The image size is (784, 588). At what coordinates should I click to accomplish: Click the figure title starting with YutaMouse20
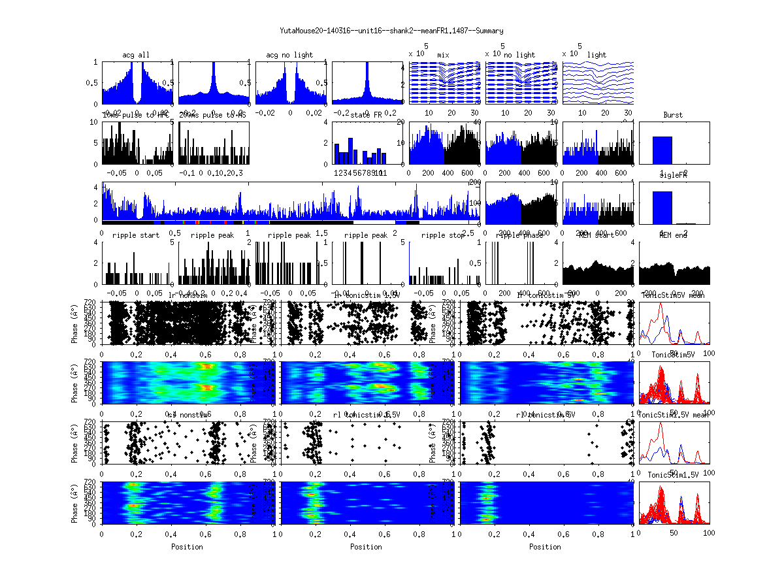pyautogui.click(x=391, y=31)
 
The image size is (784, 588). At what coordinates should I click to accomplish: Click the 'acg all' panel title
pyautogui.click(x=136, y=55)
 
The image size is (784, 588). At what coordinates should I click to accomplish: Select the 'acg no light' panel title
pyautogui.click(x=289, y=55)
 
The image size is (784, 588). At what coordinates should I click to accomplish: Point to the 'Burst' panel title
pyautogui.click(x=673, y=115)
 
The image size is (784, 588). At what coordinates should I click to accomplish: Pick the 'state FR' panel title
pyautogui.click(x=367, y=115)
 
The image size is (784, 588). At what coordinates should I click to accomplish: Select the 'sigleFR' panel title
pyautogui.click(x=673, y=176)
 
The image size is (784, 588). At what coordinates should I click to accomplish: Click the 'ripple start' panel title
pyautogui.click(x=136, y=235)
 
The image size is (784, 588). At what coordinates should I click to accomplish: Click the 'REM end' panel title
pyautogui.click(x=673, y=235)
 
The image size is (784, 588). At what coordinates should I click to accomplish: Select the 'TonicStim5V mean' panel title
pyautogui.click(x=673, y=295)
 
